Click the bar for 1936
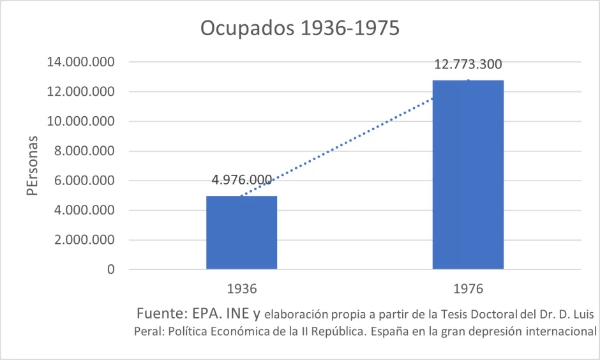tap(241, 232)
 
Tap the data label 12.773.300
tap(468, 64)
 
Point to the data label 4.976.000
tap(241, 180)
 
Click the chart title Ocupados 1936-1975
tap(299, 28)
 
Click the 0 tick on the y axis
tap(111, 269)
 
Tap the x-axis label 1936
tap(241, 289)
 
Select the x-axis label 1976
tap(468, 289)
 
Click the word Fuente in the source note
tap(160, 315)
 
